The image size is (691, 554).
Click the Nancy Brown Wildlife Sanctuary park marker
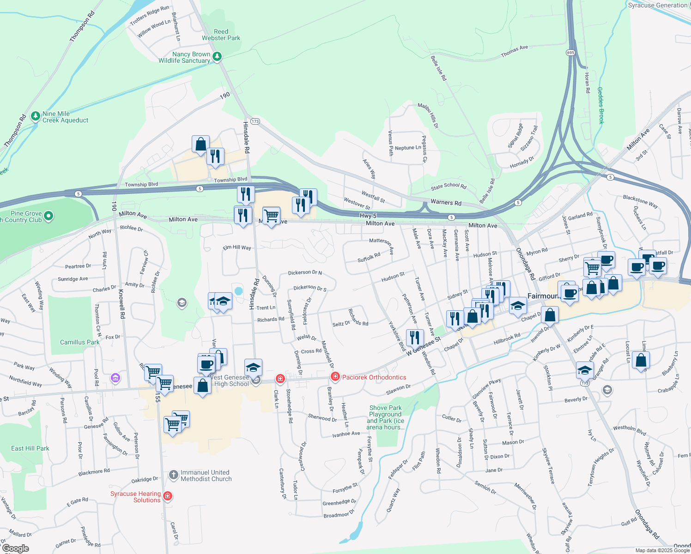pos(217,57)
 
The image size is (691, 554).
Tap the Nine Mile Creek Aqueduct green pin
pos(36,116)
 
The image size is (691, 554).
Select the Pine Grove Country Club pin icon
pos(48,216)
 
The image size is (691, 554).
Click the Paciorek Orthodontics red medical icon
pos(335,377)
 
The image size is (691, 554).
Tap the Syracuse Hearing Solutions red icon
pos(168,496)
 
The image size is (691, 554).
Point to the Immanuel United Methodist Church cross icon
pos(173,475)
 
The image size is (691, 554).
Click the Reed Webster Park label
pos(221,35)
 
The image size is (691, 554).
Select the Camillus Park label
pos(79,342)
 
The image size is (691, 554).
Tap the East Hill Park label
pos(30,448)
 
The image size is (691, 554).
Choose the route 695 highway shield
pos(570,53)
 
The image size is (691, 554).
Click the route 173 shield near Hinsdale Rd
pos(255,121)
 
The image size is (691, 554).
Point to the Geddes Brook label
pos(600,105)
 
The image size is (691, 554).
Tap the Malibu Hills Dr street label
pos(428,115)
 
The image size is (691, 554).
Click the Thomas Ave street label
pos(514,51)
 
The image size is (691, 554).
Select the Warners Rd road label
pos(446,202)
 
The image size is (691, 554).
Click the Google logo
pos(15,548)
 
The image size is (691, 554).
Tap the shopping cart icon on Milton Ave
pos(271,215)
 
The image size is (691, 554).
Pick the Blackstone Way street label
pos(640,201)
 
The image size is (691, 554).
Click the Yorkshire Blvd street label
pos(397,336)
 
